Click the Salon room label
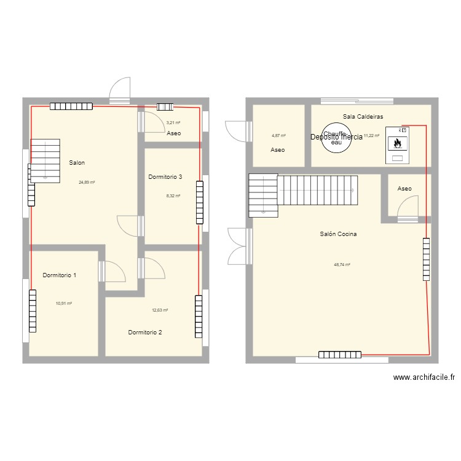77,163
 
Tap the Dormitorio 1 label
60,275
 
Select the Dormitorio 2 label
145,333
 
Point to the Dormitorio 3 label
165,177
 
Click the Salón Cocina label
339,234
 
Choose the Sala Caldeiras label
363,116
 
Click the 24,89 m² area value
87,182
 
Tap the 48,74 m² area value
342,265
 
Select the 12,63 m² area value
160,310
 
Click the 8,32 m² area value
173,195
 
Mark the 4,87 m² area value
278,135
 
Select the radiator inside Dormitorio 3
199,202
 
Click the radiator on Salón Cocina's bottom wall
340,354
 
